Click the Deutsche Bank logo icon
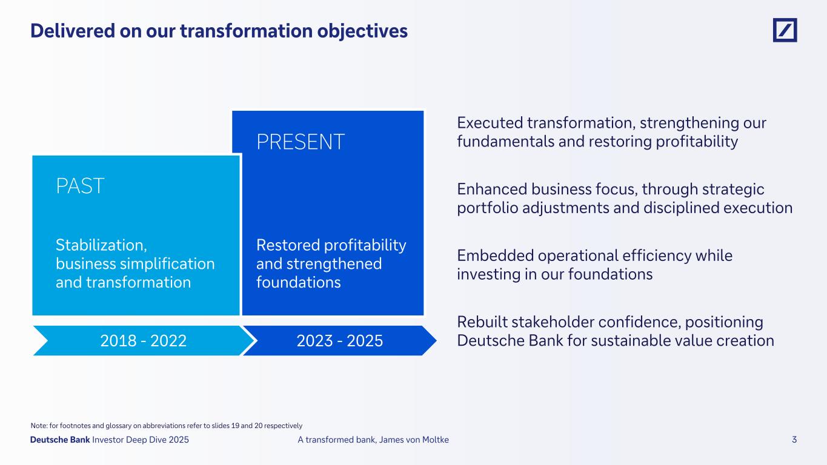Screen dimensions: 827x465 coord(785,30)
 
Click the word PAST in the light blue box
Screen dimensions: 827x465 coord(80,186)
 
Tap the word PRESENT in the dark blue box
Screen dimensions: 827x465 coord(301,142)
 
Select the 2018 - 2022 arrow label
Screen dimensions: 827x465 coord(143,341)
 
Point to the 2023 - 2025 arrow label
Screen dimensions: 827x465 coord(340,341)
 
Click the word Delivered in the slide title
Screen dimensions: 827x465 coord(73,31)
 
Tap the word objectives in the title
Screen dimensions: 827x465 coord(362,31)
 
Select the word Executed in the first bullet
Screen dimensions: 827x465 coord(490,123)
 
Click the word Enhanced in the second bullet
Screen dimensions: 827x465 coord(492,190)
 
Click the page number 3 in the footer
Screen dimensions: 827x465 coord(794,440)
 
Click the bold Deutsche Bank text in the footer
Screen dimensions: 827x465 coord(60,440)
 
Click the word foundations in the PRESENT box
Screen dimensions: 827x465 coord(298,282)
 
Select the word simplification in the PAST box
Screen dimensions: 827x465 coord(167,264)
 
